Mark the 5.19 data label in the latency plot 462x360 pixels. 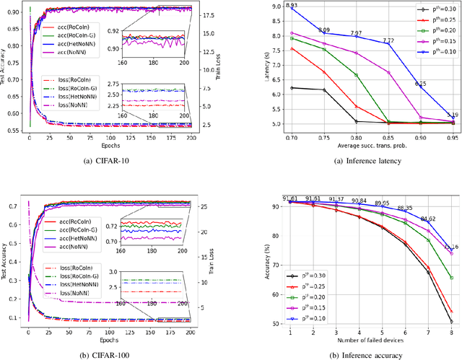pyautogui.click(x=452, y=115)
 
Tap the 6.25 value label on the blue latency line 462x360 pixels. pyautogui.click(x=420, y=84)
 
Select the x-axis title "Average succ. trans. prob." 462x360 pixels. pyautogui.click(x=361, y=146)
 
